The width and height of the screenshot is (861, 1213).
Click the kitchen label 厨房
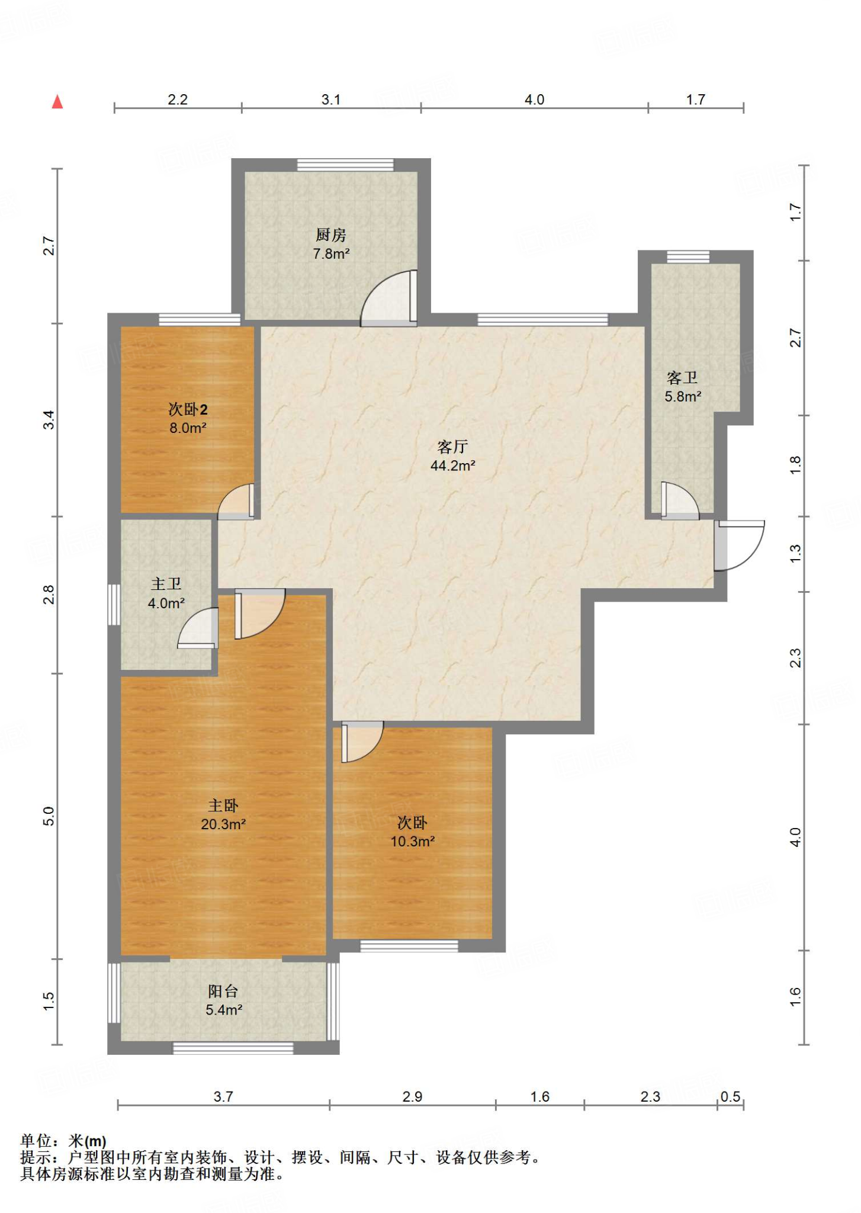[x=330, y=235]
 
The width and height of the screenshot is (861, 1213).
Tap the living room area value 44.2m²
[x=453, y=466]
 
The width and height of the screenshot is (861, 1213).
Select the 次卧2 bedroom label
[x=188, y=409]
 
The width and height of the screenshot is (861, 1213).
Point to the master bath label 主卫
[x=166, y=584]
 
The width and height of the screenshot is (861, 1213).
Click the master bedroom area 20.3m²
[x=223, y=824]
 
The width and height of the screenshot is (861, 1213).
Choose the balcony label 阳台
[x=223, y=991]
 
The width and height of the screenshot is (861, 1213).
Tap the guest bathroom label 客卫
[x=682, y=377]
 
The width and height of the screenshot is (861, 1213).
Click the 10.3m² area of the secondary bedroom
[x=413, y=841]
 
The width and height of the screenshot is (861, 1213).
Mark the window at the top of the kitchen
[x=345, y=165]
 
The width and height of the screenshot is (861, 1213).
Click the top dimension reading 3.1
[x=331, y=100]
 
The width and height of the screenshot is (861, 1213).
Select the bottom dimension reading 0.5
[x=730, y=1096]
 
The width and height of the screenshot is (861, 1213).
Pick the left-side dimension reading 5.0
[x=49, y=816]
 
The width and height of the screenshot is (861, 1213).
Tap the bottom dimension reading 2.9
[x=412, y=1096]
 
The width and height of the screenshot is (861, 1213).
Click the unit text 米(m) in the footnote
[x=87, y=1141]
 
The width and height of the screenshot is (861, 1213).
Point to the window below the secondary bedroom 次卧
[x=409, y=946]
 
